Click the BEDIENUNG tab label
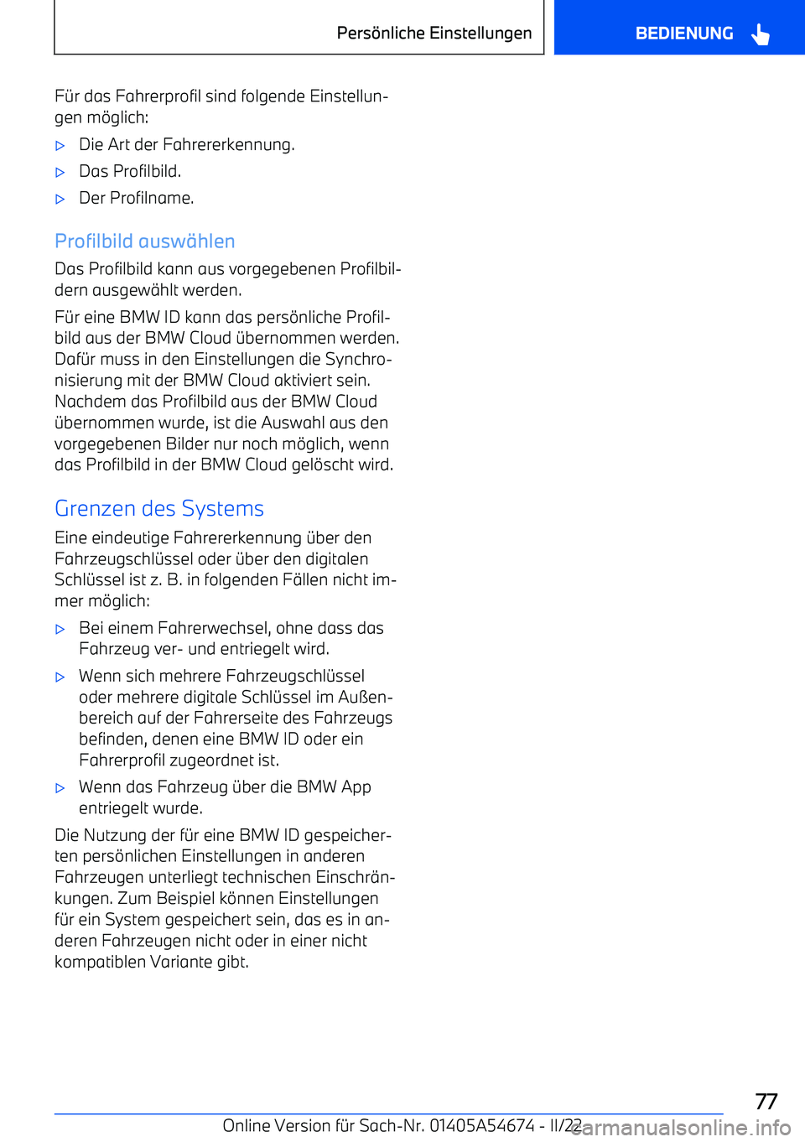(683, 34)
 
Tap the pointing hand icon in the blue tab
(761, 34)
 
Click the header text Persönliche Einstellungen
(434, 33)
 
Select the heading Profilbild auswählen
(144, 241)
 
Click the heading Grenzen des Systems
(159, 509)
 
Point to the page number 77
(766, 1101)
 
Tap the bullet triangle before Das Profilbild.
(60, 172)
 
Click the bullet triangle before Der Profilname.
(60, 199)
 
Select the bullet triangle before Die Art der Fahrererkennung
(60, 145)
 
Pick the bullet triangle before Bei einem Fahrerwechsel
(60, 629)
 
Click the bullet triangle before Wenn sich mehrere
(60, 677)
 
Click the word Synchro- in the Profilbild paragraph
(359, 359)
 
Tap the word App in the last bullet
(356, 786)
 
